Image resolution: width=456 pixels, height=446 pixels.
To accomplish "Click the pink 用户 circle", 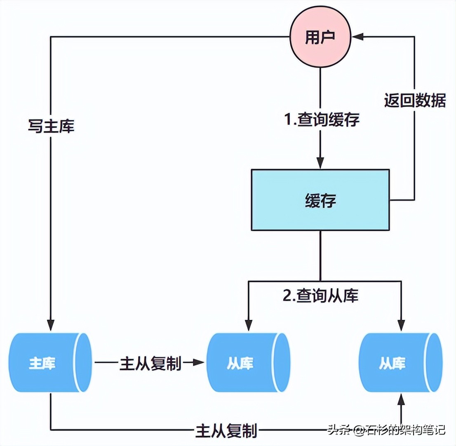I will pyautogui.click(x=320, y=37).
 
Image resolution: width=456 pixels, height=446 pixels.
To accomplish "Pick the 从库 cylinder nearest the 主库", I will pyautogui.click(x=247, y=363).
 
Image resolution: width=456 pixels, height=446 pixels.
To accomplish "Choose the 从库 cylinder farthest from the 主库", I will pyautogui.click(x=400, y=363).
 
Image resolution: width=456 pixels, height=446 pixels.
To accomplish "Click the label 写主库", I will pyautogui.click(x=51, y=126).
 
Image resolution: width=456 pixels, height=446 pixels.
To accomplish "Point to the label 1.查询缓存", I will pyautogui.click(x=321, y=120).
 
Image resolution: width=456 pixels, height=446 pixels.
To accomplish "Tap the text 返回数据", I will pyautogui.click(x=415, y=100).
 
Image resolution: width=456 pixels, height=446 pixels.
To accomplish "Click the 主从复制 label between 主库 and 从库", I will pyautogui.click(x=150, y=363).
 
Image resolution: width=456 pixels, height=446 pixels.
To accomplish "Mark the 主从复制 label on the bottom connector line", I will pyautogui.click(x=226, y=431).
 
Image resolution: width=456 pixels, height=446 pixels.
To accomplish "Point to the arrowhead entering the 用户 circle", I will pyautogui.click(x=357, y=37).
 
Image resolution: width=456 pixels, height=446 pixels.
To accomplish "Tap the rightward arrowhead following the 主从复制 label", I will pyautogui.click(x=200, y=363).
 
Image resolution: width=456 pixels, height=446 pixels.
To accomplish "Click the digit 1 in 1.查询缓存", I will pyautogui.click(x=287, y=120).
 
